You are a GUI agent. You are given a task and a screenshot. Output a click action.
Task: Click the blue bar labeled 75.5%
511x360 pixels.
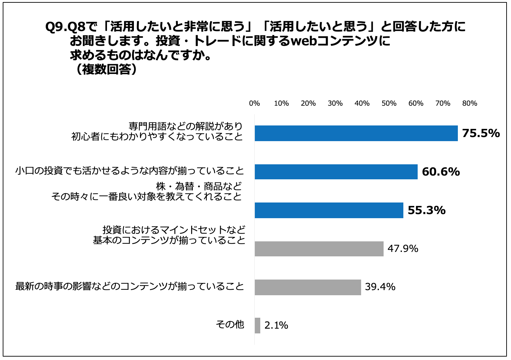tap(356, 133)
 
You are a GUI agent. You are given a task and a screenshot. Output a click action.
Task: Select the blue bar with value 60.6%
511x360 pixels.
tap(336, 172)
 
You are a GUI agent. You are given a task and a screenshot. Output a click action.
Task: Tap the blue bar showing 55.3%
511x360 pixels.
tap(329, 210)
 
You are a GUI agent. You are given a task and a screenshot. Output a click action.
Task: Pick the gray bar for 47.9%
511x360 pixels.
tap(319, 249)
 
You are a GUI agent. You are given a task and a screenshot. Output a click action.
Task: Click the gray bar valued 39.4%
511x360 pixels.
tap(308, 287)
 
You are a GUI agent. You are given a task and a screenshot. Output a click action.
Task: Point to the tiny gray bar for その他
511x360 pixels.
tap(258, 326)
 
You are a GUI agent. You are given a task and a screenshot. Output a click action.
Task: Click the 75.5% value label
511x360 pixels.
tap(481, 133)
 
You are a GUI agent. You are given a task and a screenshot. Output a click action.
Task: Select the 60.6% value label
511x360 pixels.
tap(441, 172)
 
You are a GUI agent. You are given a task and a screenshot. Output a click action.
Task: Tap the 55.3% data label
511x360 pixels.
tap(427, 210)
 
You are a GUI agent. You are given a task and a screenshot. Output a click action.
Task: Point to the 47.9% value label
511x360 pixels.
tap(403, 249)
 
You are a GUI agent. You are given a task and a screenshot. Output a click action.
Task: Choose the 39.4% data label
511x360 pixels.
tap(380, 287)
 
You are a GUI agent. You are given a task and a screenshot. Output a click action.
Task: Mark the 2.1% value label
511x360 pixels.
tap(276, 326)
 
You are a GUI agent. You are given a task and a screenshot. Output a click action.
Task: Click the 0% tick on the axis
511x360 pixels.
tap(254, 103)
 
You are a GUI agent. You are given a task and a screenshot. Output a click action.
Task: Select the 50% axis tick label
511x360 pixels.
tap(389, 103)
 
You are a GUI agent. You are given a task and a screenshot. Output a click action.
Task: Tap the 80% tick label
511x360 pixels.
tap(469, 103)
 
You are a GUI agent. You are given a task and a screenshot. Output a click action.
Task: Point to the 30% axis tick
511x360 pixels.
tap(335, 103)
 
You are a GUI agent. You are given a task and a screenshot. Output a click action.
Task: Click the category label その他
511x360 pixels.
tap(230, 324)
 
